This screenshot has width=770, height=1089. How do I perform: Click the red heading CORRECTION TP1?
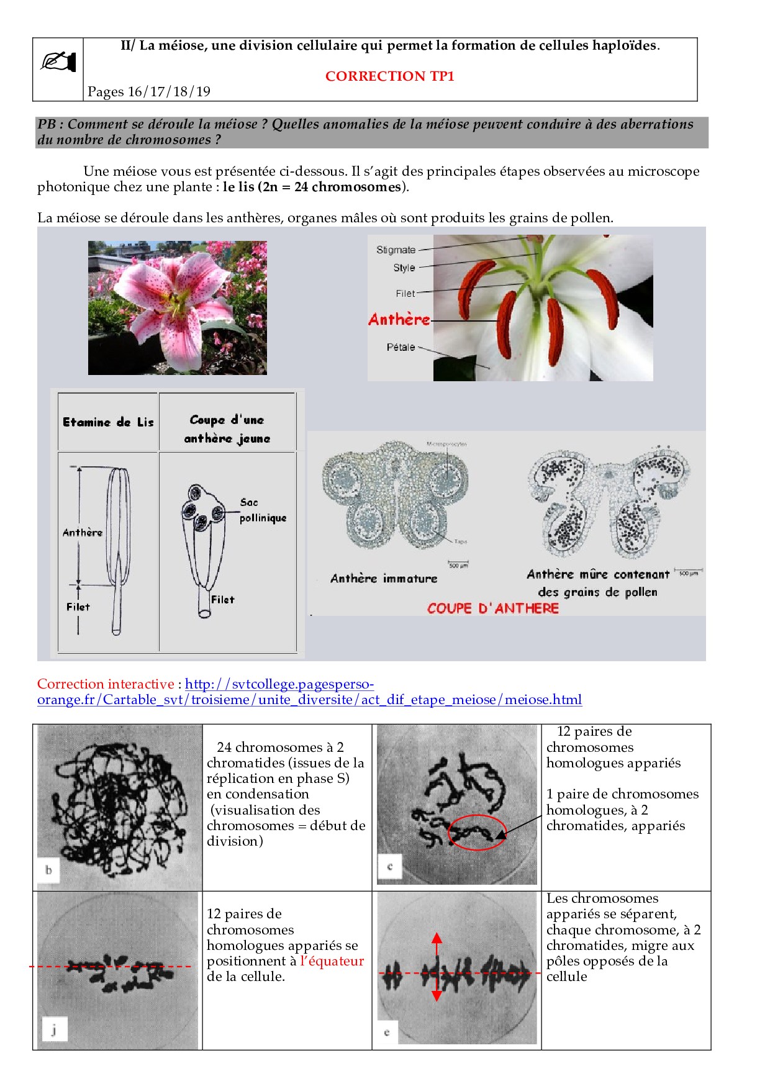click(389, 76)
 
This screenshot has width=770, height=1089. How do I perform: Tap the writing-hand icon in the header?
click(58, 62)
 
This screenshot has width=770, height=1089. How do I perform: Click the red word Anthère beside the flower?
click(399, 320)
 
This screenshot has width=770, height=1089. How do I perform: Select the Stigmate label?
click(396, 250)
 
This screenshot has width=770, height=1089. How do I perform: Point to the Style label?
click(404, 268)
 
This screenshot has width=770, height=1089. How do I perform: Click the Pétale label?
click(401, 347)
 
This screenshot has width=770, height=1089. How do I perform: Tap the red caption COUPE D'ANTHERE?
click(493, 608)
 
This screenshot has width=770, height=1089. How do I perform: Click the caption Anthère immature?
click(384, 579)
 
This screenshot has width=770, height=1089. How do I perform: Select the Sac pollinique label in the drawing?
click(262, 510)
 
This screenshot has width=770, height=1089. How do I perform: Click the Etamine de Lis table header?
click(108, 422)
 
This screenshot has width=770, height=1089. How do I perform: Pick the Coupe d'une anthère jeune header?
click(227, 429)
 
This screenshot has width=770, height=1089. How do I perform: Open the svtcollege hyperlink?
click(309, 692)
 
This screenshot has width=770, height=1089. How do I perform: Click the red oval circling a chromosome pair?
click(477, 832)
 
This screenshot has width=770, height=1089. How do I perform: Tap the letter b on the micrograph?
click(48, 870)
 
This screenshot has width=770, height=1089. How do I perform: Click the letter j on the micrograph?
click(54, 1031)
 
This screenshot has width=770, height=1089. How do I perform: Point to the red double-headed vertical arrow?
click(437, 966)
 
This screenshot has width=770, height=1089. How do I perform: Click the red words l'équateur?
click(332, 961)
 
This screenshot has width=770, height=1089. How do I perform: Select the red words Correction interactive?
click(106, 684)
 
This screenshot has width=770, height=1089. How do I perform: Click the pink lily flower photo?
click(178, 308)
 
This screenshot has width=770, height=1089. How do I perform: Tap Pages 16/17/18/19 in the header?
click(149, 92)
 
